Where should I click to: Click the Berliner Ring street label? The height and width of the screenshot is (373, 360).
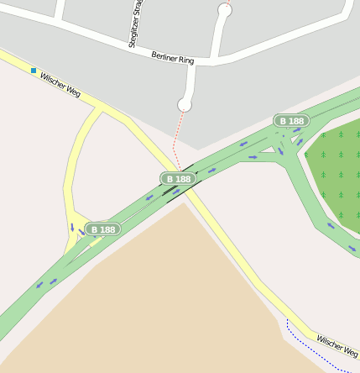pyautogui.click(x=173, y=58)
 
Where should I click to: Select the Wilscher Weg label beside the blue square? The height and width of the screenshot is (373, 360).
pyautogui.click(x=60, y=83)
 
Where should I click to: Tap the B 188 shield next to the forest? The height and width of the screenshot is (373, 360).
pyautogui.click(x=291, y=121)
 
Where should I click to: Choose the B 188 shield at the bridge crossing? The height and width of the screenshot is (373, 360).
pyautogui.click(x=178, y=178)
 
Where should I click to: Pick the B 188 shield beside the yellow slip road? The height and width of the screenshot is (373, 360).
pyautogui.click(x=102, y=229)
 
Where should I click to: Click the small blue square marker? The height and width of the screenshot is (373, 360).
pyautogui.click(x=34, y=71)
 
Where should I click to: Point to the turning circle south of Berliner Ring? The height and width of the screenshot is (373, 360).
pyautogui.click(x=185, y=104)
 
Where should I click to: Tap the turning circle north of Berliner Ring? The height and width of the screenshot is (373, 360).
pyautogui.click(x=224, y=10)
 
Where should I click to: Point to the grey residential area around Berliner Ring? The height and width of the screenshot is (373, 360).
pyautogui.click(x=277, y=76)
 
